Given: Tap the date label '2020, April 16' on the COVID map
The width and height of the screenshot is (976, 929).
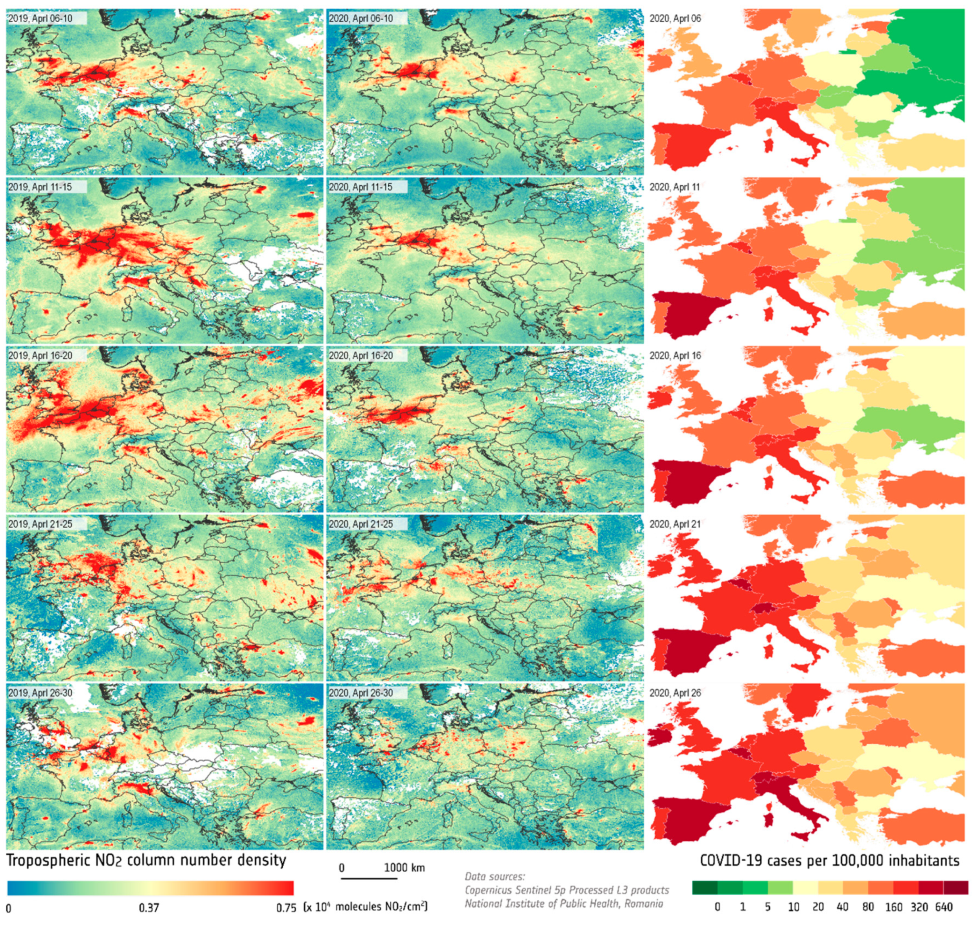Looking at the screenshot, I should coord(675,356).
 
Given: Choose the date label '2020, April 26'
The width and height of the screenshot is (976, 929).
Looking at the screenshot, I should coord(675,693).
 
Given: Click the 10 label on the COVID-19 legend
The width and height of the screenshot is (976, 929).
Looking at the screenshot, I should coord(793,907).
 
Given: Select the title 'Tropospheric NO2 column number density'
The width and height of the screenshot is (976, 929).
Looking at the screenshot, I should coord(147,860).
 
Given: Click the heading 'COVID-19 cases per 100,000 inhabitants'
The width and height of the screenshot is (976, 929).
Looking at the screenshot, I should coord(829,860).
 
